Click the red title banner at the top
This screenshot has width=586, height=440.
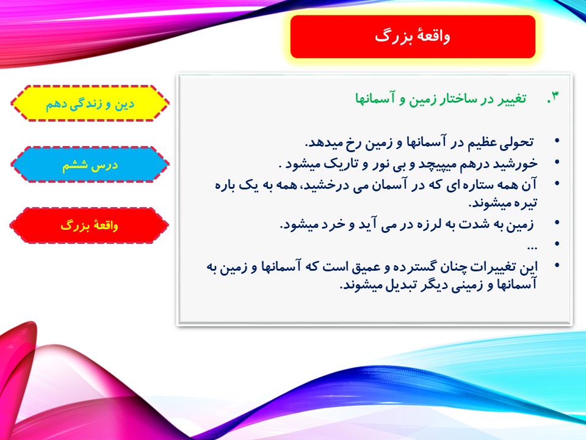point(413,36)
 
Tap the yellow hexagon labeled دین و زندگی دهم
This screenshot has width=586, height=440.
point(90,103)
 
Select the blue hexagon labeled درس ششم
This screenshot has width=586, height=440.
point(90,164)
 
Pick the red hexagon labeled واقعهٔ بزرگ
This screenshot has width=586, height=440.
point(89,226)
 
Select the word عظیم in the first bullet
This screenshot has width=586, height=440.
point(484,142)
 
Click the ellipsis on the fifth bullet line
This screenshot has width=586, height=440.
point(532,247)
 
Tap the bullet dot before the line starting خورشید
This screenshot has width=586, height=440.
point(557,162)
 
